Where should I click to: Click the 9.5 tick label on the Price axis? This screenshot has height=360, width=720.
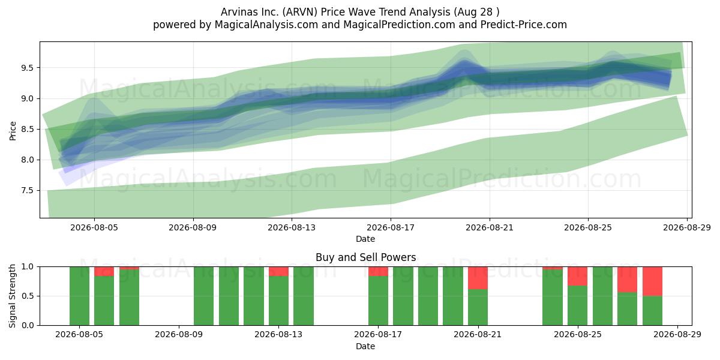(28, 68)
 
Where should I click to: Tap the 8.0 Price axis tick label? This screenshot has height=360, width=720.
(28, 160)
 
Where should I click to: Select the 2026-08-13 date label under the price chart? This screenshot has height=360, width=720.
(292, 227)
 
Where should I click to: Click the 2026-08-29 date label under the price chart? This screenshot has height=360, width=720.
(687, 227)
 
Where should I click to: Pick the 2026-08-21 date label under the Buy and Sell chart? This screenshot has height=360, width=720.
(478, 335)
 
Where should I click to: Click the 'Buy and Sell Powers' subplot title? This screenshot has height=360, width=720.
(366, 257)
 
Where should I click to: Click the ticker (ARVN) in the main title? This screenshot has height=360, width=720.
(300, 12)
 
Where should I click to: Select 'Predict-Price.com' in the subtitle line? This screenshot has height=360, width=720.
(524, 25)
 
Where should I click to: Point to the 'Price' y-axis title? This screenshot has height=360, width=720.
(13, 131)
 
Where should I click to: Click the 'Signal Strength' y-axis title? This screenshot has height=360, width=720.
(12, 296)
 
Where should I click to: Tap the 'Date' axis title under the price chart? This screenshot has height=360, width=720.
(365, 239)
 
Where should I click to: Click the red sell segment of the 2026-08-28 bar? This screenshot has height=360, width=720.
(653, 281)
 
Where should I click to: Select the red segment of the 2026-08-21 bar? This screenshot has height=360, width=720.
(478, 278)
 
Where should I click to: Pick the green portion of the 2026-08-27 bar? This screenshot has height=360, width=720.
(627, 308)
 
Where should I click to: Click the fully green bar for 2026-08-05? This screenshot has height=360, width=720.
(79, 296)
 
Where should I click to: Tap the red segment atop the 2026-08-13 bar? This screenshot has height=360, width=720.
(278, 271)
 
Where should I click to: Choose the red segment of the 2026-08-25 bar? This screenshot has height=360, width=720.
(577, 276)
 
